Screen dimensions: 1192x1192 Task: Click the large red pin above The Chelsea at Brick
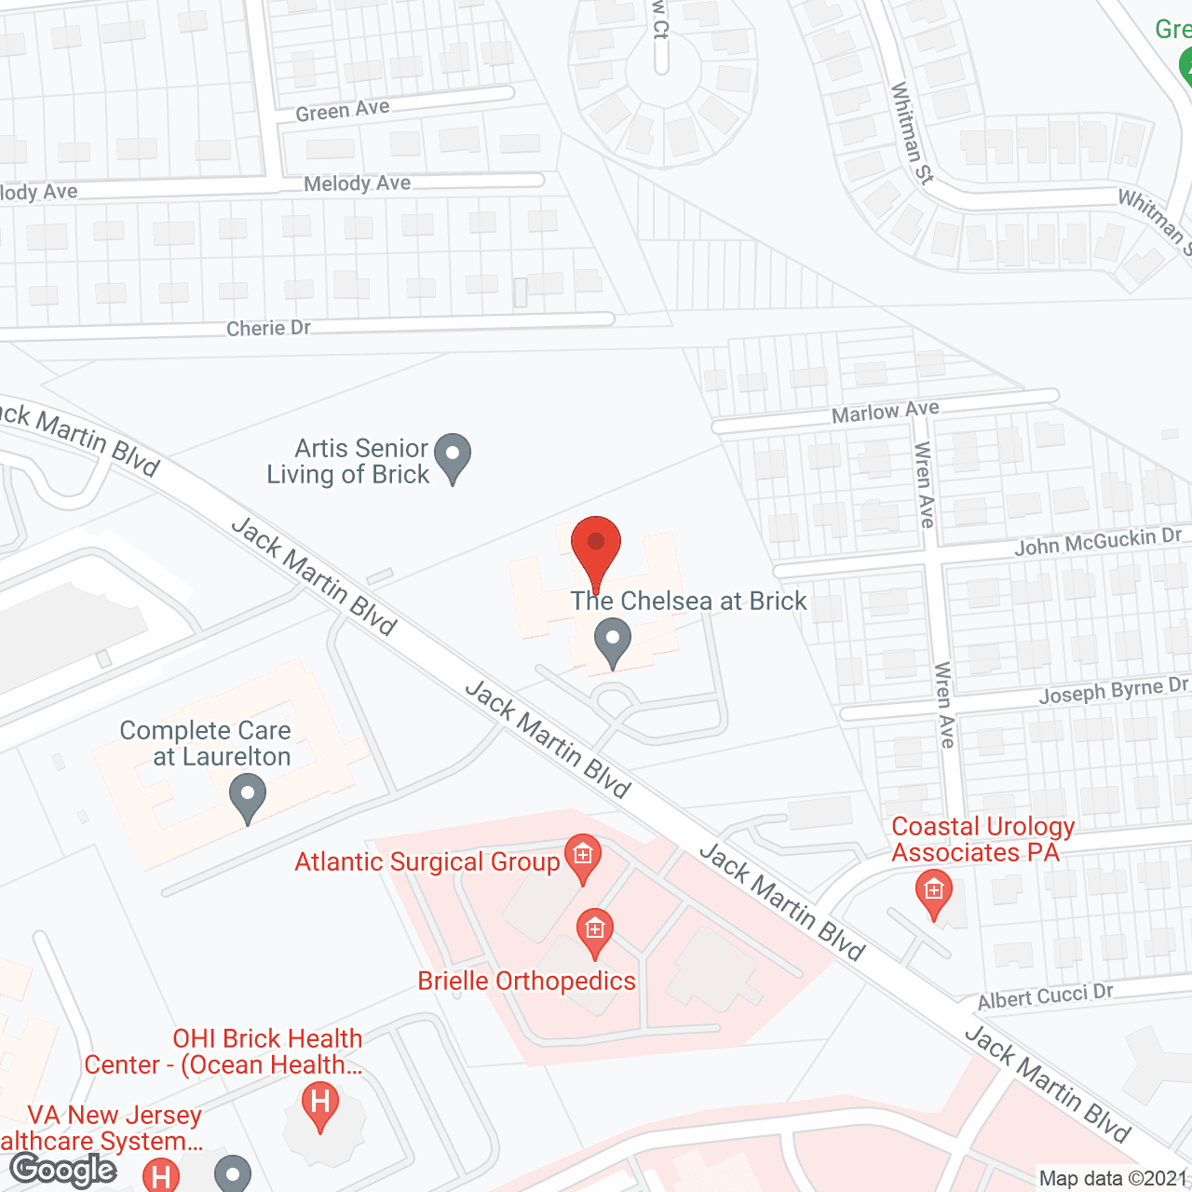coord(595,549)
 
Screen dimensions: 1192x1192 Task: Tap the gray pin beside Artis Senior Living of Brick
coord(453,457)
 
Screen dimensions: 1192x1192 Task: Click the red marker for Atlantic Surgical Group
coord(583,858)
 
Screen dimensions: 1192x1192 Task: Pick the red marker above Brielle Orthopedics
coord(595,932)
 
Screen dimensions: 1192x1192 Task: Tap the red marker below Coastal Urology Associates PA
coord(933,893)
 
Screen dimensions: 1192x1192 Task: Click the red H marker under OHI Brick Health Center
coord(320,1105)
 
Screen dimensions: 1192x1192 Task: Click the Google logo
coord(63,1170)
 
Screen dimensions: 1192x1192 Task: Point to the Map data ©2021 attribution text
coord(1113,1178)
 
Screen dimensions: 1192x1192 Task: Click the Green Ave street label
coord(343,111)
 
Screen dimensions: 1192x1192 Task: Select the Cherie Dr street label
coord(268,328)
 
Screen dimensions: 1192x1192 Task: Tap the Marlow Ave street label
coord(885,411)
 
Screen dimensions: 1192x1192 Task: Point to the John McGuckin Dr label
coord(1097,541)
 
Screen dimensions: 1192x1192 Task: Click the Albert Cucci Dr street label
coord(1045,996)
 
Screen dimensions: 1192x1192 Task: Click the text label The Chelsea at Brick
coord(688,601)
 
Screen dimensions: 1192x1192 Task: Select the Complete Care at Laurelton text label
coord(206,743)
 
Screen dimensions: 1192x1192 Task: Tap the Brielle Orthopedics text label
coord(526,981)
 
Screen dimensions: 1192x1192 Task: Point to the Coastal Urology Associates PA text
coord(982,839)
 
